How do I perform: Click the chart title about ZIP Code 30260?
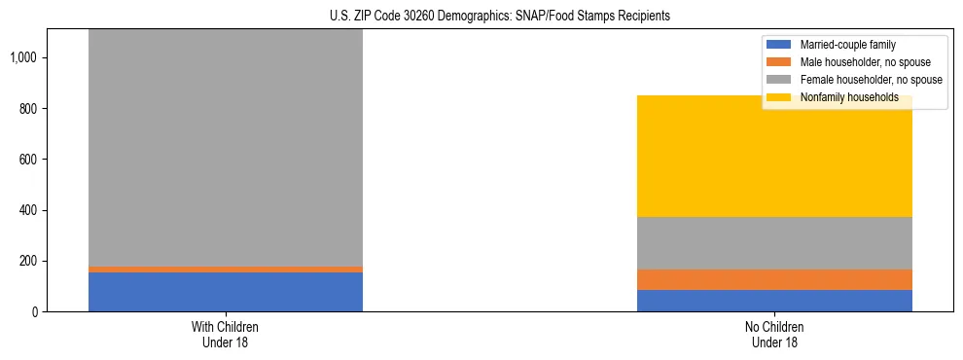click(500, 17)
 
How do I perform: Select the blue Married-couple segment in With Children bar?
click(226, 292)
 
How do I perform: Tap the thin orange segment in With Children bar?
click(226, 270)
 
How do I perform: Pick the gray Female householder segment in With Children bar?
click(226, 146)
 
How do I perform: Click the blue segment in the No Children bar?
click(774, 301)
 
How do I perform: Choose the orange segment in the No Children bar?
click(774, 279)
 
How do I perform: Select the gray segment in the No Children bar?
click(774, 242)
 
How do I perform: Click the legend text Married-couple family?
click(848, 45)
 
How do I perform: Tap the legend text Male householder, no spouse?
click(862, 62)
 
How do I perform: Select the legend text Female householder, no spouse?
click(871, 80)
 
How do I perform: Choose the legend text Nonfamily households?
click(842, 97)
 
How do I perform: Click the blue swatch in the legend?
click(780, 45)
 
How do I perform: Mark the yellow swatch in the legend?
click(780, 97)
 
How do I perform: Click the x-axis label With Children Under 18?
click(226, 334)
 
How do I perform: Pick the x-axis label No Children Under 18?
click(774, 334)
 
